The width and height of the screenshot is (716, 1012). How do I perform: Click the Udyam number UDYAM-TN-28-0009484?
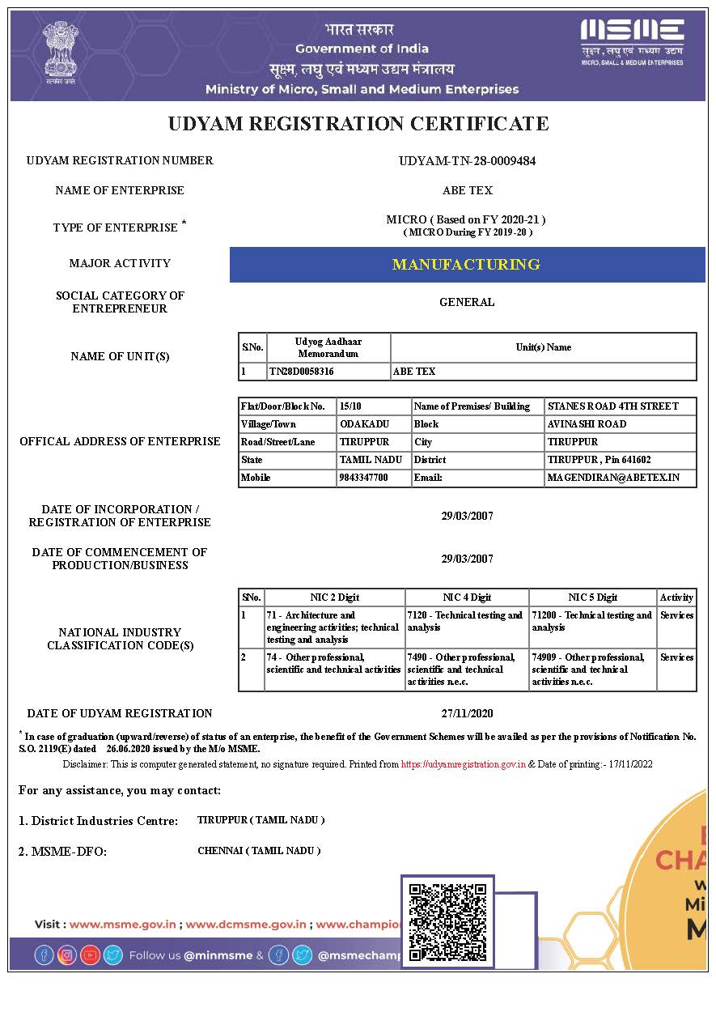pos(467,160)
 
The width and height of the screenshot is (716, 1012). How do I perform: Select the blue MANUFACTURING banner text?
pos(466,265)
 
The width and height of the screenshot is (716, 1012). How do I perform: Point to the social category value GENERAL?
pos(467,302)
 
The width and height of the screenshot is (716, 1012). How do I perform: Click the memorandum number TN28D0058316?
pos(301,372)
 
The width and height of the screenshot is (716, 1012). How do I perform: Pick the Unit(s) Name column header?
pos(543,347)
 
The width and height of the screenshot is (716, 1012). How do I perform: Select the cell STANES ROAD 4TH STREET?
pos(612,406)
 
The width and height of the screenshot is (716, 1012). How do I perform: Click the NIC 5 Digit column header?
pos(592,597)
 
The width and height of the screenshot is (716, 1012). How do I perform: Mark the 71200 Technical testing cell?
pos(592,621)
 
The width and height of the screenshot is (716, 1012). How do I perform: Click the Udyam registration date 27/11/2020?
pos(467,713)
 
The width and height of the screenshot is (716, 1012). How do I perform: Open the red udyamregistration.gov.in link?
pos(464,764)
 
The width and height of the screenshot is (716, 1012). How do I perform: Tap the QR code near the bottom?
pos(447,921)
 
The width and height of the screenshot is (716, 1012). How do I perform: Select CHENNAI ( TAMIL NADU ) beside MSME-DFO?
pos(259,851)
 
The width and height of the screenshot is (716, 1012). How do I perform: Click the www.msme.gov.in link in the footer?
pos(123,924)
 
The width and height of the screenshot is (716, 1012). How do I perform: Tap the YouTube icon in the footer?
pos(90,955)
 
